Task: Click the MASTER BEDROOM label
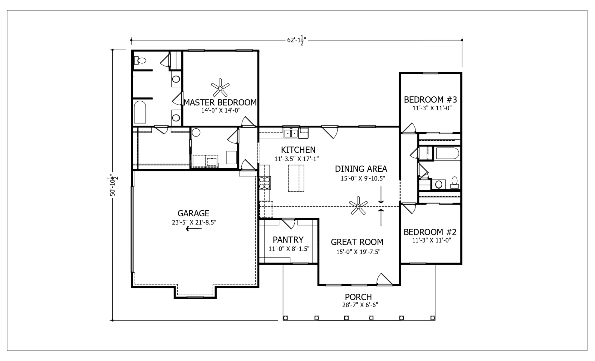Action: click(220, 102)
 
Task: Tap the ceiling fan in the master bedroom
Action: click(220, 88)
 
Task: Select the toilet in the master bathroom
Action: click(140, 60)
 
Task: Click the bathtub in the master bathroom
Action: click(140, 112)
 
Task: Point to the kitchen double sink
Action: click(291, 133)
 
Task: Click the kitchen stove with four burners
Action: click(265, 183)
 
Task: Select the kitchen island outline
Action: click(296, 178)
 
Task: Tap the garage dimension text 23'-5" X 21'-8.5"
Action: click(194, 222)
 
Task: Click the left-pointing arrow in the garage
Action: click(194, 229)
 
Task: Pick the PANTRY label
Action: click(288, 239)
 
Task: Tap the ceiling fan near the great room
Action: click(358, 206)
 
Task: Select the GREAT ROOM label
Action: click(357, 242)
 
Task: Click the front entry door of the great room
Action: click(384, 279)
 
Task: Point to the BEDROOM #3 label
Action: click(430, 99)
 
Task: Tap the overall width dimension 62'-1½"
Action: click(296, 40)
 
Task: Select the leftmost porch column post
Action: click(285, 318)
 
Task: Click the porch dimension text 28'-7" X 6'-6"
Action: click(360, 305)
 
